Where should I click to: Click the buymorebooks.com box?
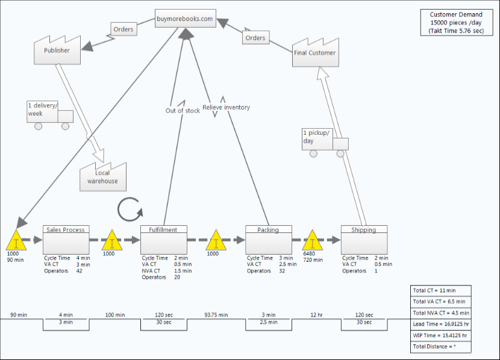pos(184,19)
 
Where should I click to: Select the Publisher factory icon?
pos(57,51)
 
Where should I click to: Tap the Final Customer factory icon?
pos(314,52)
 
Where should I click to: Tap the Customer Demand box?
pos(455,22)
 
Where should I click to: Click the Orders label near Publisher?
pos(123,29)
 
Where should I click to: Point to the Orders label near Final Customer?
pos(255,38)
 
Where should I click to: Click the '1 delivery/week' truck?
pos(49,114)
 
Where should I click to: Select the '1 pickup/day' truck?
pos(325,140)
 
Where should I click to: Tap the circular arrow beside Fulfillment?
pos(130,209)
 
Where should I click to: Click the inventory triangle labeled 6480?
pos(312,241)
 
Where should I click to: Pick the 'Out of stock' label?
pos(183,111)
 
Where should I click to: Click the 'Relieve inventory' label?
pos(226,108)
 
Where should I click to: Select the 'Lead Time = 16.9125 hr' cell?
pos(440,324)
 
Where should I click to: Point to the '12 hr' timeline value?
pos(316,315)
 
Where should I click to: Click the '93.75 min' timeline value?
pos(216,315)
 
